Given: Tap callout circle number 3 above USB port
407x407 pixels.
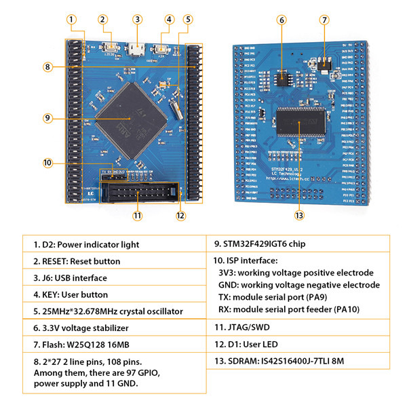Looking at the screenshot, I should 137,20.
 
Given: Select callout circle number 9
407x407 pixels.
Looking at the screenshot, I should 47,117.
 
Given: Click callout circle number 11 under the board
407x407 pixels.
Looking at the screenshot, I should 138,216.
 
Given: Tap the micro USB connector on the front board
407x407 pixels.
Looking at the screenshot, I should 137,50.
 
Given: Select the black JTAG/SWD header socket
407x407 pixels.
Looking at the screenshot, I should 139,195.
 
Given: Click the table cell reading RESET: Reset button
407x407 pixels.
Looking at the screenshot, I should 77,261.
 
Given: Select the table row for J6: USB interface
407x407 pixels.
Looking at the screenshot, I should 71,278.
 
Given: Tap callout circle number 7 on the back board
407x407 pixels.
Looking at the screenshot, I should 324,20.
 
